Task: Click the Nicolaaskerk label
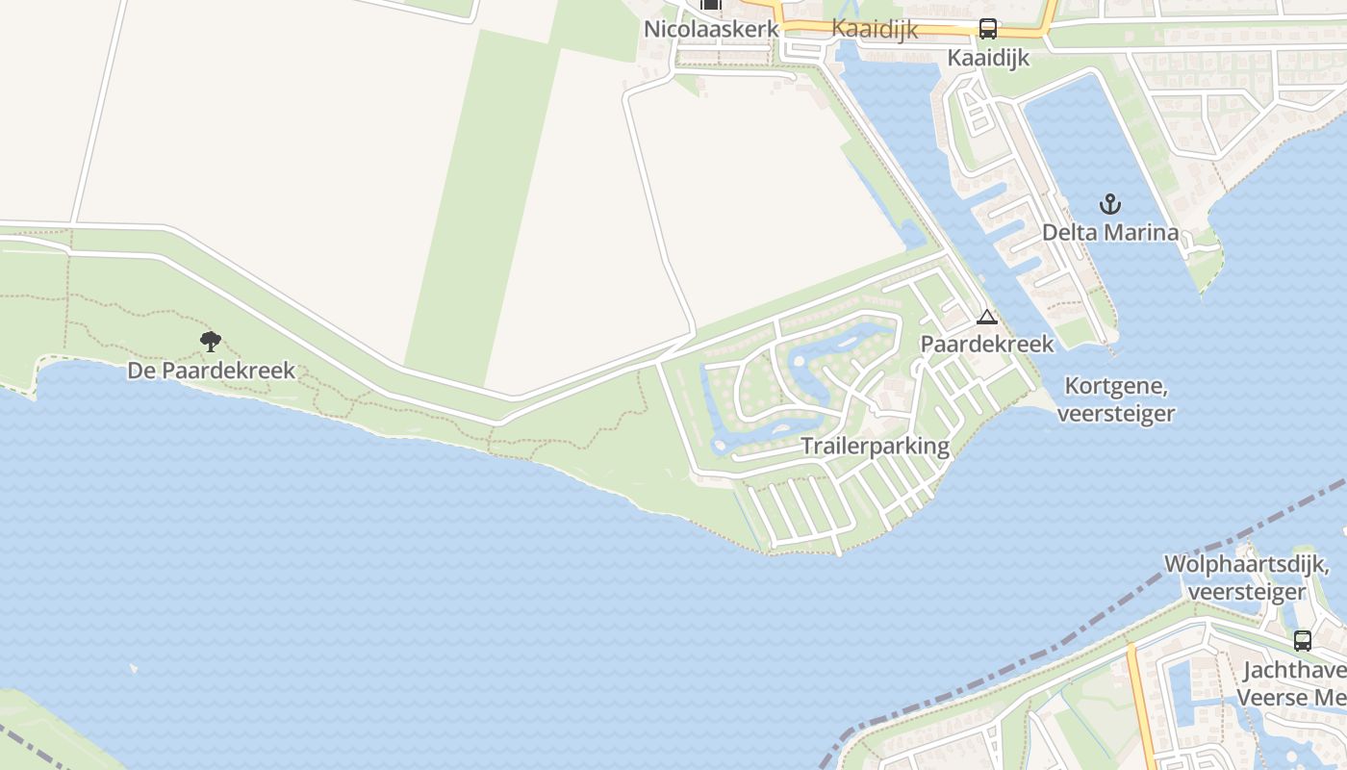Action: click(711, 29)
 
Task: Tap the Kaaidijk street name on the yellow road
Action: click(874, 29)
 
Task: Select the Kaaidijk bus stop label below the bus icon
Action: click(988, 58)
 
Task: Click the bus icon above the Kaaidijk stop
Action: click(988, 29)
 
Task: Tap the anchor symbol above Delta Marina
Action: click(1110, 204)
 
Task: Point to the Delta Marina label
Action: click(1110, 232)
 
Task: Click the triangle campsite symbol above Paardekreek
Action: click(987, 317)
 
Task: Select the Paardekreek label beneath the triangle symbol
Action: click(987, 344)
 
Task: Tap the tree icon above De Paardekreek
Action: click(211, 341)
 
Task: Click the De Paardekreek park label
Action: click(211, 371)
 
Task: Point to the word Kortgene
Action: click(1116, 387)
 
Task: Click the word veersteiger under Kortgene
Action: click(1116, 414)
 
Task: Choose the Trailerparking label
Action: click(876, 446)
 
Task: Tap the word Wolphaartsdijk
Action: click(1246, 564)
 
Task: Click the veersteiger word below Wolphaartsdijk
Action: click(1246, 591)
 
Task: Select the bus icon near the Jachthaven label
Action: click(1302, 640)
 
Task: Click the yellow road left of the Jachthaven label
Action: click(1141, 712)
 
